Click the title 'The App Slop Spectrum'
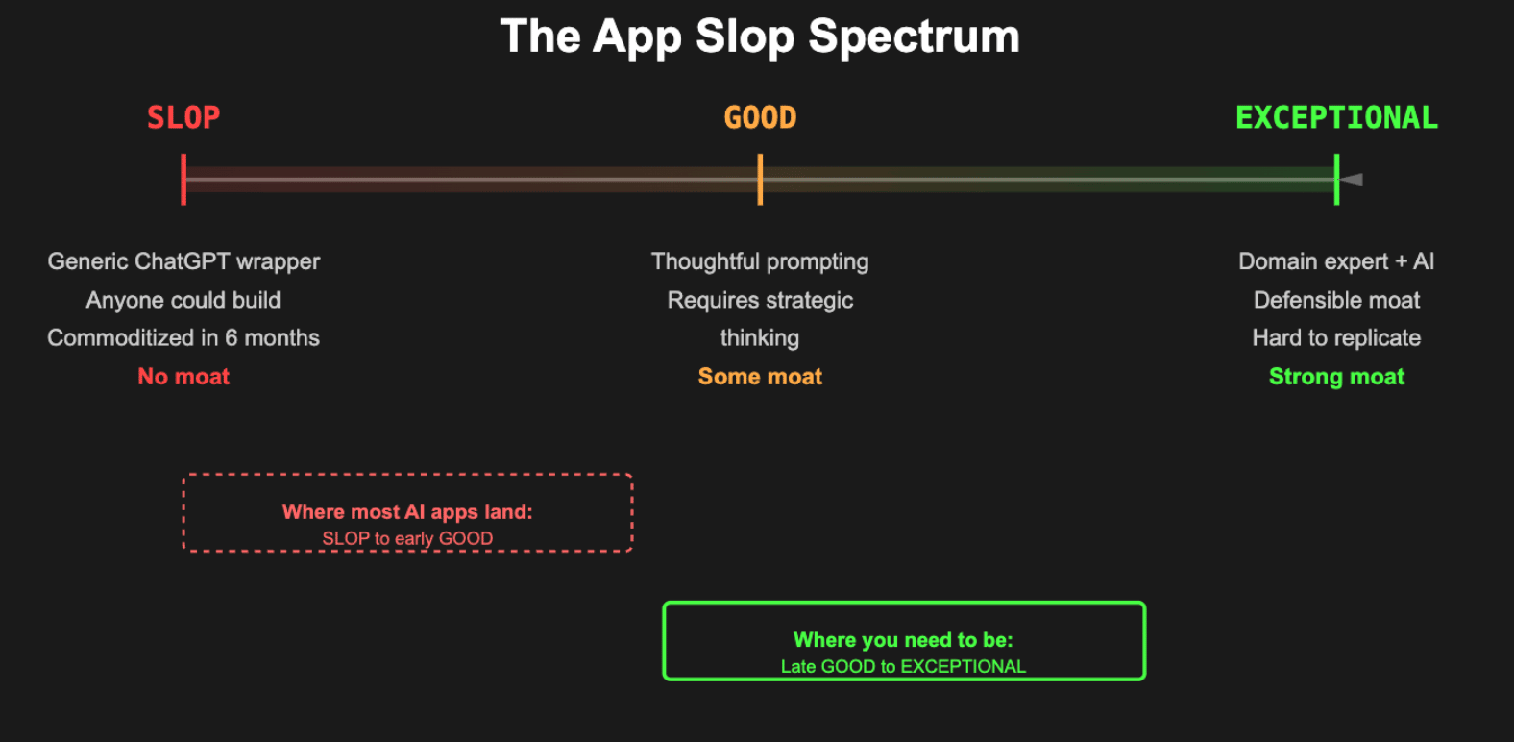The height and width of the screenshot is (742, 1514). click(760, 37)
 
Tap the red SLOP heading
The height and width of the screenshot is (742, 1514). click(183, 117)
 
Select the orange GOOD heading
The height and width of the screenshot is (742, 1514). click(761, 117)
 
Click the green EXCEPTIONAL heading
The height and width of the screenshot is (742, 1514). click(1336, 117)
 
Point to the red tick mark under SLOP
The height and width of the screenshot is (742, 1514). click(183, 179)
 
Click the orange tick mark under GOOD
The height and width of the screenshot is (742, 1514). click(761, 179)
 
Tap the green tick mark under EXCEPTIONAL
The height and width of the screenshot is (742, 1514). click(1336, 179)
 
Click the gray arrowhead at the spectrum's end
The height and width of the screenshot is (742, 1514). click(1352, 179)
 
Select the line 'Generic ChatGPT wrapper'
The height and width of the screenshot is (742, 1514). click(183, 261)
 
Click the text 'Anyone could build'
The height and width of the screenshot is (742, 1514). click(183, 300)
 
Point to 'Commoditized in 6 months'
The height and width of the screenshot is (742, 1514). click(183, 337)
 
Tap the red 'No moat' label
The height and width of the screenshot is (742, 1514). click(183, 376)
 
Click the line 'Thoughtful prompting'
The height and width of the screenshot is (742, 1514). click(760, 261)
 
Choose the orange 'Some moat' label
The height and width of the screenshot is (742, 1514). click(761, 376)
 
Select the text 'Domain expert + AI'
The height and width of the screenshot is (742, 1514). click(1336, 261)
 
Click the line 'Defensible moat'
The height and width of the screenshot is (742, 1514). click(1337, 300)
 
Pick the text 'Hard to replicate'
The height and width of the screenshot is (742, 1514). click(1337, 337)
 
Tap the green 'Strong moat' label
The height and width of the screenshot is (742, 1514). click(1337, 376)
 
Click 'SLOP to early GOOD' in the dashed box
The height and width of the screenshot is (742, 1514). click(407, 538)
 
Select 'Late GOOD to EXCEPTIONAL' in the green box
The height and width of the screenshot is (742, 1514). click(904, 666)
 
